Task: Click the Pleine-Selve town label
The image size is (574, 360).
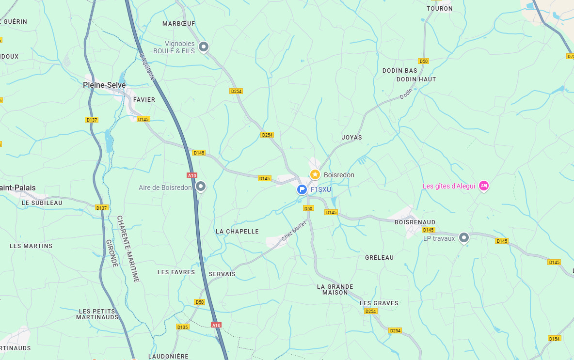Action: [104, 85]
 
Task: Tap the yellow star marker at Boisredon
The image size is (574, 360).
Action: [315, 174]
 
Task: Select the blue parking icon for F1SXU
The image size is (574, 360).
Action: [302, 189]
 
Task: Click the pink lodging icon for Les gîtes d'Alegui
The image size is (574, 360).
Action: [483, 186]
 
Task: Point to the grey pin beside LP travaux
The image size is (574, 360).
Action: [464, 237]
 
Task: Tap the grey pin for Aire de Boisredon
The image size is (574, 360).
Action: [201, 187]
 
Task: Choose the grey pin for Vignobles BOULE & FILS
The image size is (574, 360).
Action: [204, 47]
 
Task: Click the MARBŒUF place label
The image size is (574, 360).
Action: [178, 23]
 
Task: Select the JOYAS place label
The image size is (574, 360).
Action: [351, 138]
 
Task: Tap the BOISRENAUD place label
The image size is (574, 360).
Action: [415, 222]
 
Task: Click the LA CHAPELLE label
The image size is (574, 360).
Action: [237, 232]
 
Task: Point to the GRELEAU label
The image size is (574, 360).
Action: [379, 258]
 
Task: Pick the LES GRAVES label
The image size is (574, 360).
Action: [379, 303]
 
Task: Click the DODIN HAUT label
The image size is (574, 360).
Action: [416, 79]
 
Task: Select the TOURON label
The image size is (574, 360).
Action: [439, 9]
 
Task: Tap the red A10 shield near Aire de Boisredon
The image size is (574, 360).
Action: [192, 175]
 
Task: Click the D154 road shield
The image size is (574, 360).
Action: [554, 338]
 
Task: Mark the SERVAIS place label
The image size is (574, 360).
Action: [222, 274]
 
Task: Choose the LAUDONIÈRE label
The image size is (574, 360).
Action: [168, 357]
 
